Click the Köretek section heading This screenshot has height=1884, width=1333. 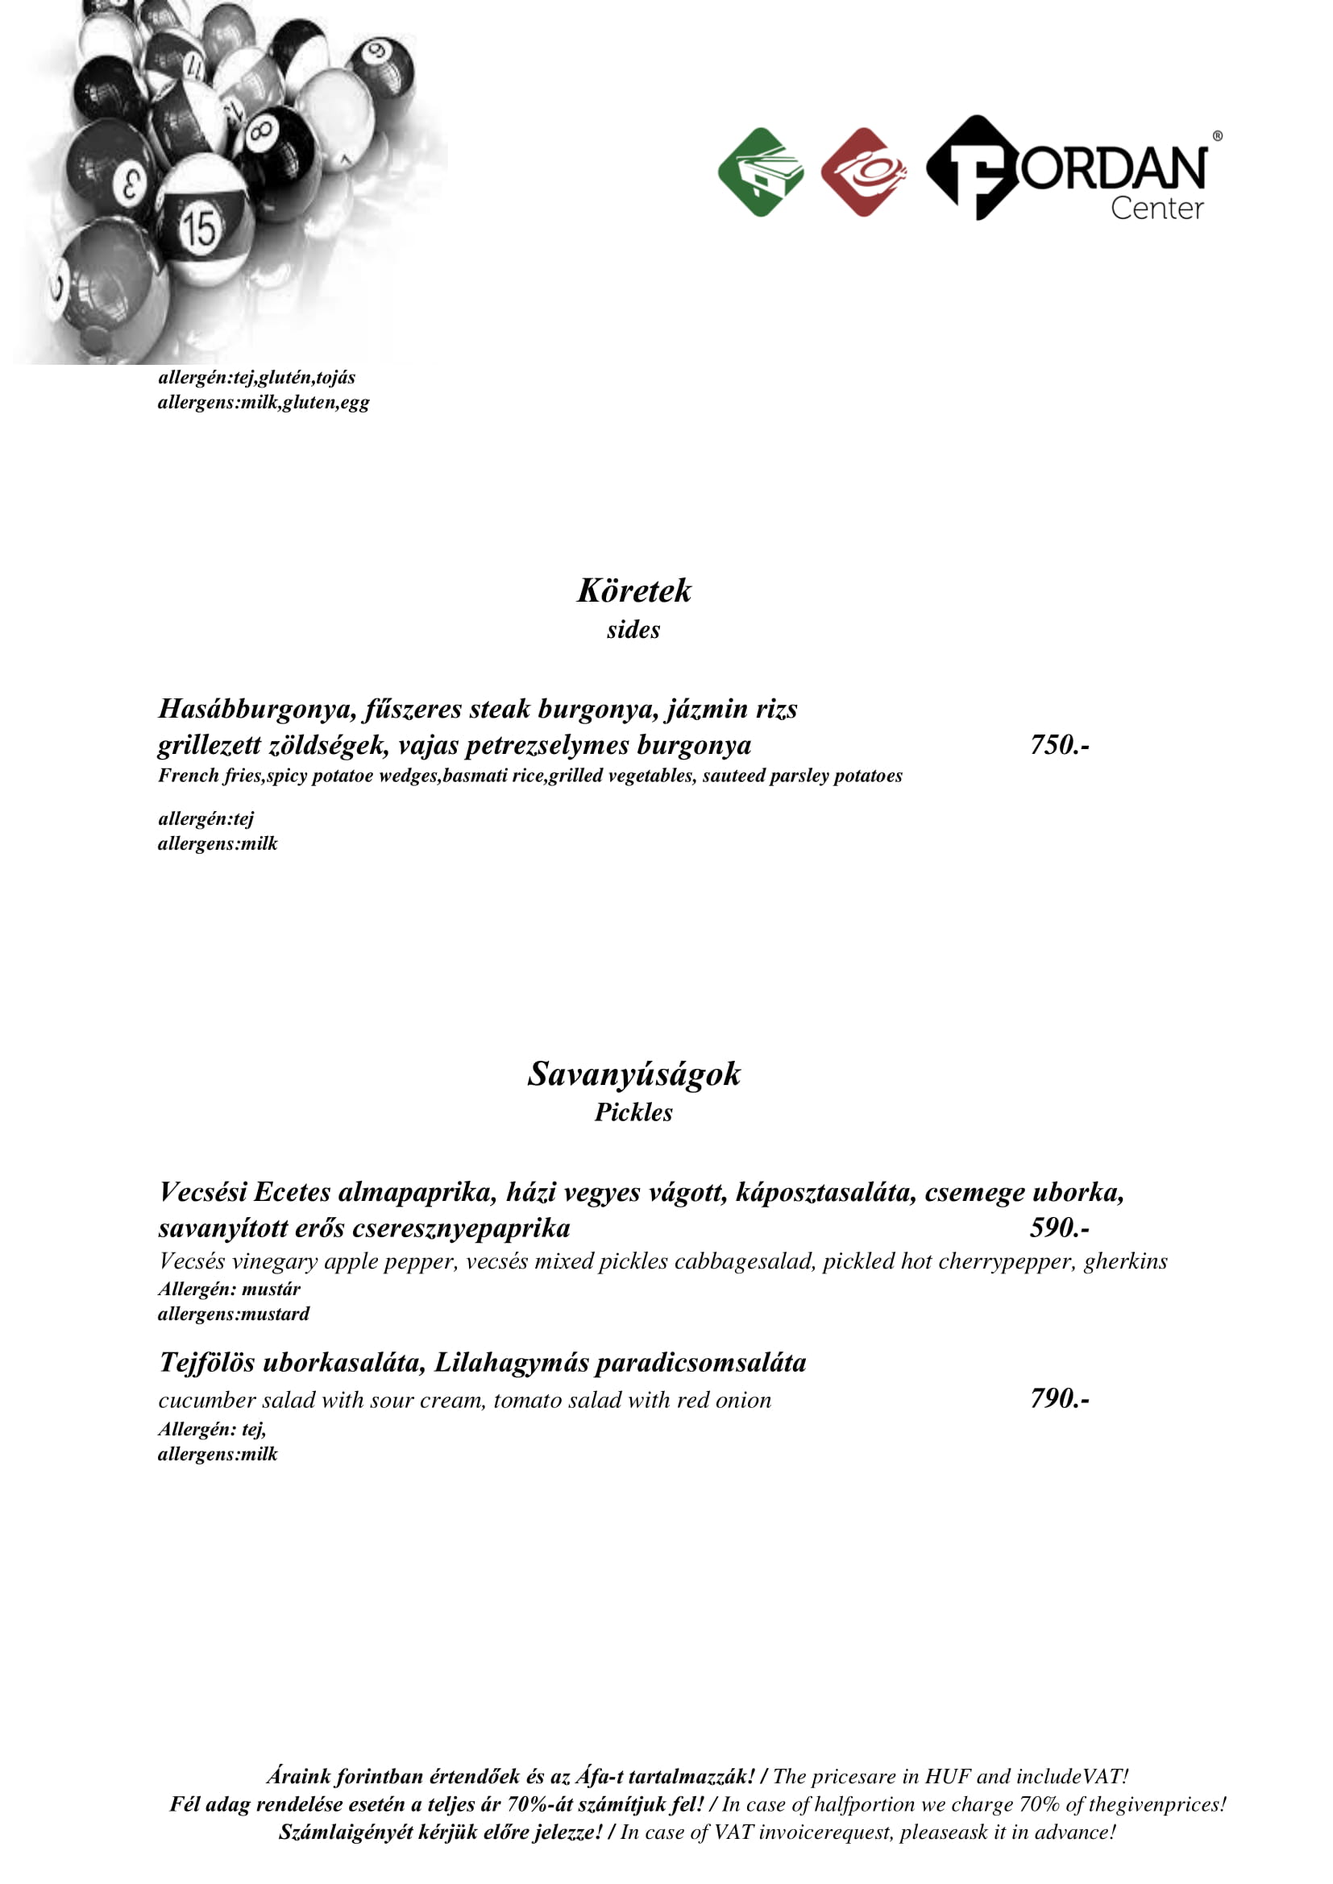pyautogui.click(x=633, y=590)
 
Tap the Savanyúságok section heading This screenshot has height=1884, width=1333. pyautogui.click(x=633, y=1075)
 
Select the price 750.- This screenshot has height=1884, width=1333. pyautogui.click(x=1060, y=745)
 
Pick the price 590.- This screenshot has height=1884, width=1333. pyautogui.click(x=1060, y=1228)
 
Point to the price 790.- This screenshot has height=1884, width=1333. pyautogui.click(x=1060, y=1398)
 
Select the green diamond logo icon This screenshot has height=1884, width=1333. pyautogui.click(x=761, y=172)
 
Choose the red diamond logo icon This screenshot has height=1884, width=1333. pyautogui.click(x=863, y=172)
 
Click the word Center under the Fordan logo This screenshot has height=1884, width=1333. pyautogui.click(x=1157, y=209)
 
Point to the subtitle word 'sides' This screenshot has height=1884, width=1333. pyautogui.click(x=633, y=630)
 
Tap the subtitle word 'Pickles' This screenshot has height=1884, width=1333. pyautogui.click(x=633, y=1112)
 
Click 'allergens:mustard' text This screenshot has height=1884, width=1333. pyautogui.click(x=234, y=1314)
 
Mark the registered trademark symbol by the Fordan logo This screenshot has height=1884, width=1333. pyautogui.click(x=1217, y=136)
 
